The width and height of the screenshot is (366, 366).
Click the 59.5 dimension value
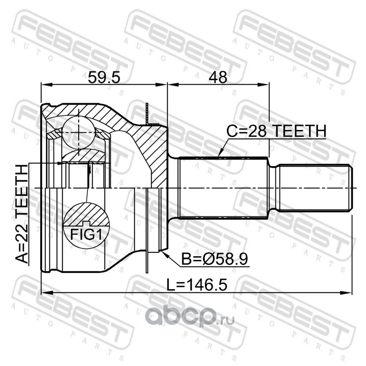point(104,77)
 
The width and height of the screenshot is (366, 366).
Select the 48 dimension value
point(218,77)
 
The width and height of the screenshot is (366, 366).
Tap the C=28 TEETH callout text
point(276,131)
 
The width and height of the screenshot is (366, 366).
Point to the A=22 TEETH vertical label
point(22,214)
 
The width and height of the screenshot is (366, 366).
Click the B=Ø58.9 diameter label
point(215,259)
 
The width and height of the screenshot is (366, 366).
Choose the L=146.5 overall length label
point(197,285)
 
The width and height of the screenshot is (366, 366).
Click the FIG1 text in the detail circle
point(86,234)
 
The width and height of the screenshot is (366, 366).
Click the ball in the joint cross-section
point(79,132)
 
